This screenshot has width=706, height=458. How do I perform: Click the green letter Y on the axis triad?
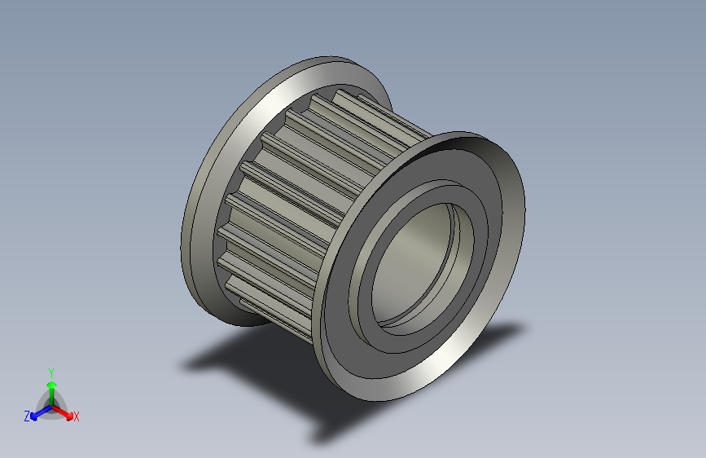click(x=50, y=371)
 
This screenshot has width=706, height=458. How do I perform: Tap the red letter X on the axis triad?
click(x=77, y=416)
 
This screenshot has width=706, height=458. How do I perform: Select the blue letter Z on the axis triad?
click(x=27, y=416)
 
